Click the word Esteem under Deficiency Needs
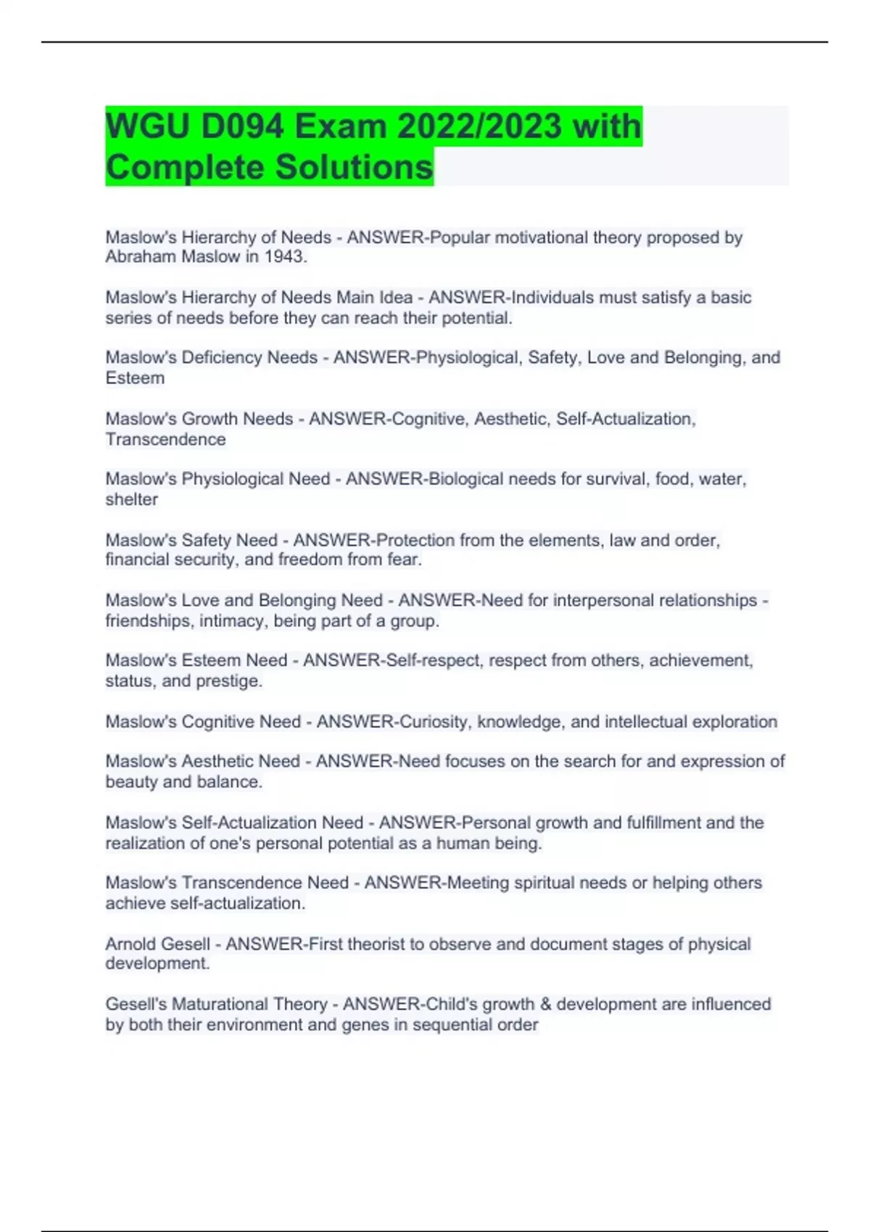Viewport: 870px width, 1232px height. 135,378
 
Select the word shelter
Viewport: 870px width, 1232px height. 131,499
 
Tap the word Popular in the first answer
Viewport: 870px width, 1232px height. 460,238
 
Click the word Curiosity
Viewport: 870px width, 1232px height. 434,722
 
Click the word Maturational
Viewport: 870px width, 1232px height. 219,1004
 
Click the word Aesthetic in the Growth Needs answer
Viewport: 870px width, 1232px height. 510,419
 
